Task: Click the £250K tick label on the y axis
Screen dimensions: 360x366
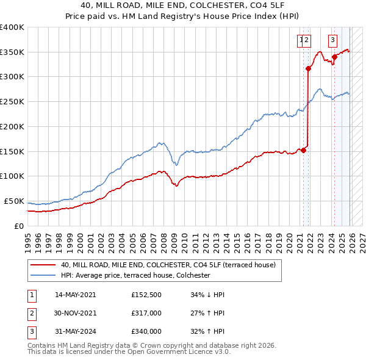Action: click(x=12, y=102)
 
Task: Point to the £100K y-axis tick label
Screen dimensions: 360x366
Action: click(x=12, y=176)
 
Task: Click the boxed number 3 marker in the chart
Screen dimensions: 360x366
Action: click(x=333, y=41)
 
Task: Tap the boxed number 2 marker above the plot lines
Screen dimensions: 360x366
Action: click(x=307, y=41)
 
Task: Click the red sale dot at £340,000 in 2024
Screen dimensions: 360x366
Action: click(x=334, y=57)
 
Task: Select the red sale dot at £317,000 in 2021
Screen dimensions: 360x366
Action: click(x=308, y=68)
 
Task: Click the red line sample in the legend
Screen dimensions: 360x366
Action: click(x=42, y=265)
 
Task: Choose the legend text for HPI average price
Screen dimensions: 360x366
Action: click(x=135, y=275)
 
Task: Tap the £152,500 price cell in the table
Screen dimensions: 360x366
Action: click(x=146, y=295)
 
